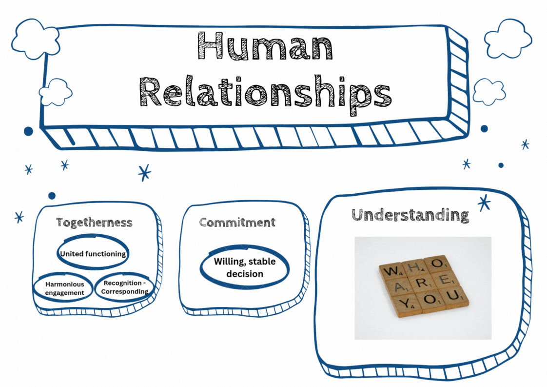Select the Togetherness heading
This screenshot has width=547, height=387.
click(94, 223)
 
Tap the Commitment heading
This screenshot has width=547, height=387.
click(237, 223)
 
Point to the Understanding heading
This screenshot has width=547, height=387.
click(410, 215)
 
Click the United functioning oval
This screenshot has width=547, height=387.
click(93, 254)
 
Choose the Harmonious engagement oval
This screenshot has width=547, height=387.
click(65, 288)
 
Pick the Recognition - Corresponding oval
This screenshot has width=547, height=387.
click(124, 287)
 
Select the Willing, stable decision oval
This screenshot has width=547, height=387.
click(245, 268)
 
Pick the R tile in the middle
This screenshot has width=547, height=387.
click(423, 283)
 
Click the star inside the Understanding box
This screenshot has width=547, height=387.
click(484, 203)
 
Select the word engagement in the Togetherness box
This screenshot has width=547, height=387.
click(65, 293)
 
